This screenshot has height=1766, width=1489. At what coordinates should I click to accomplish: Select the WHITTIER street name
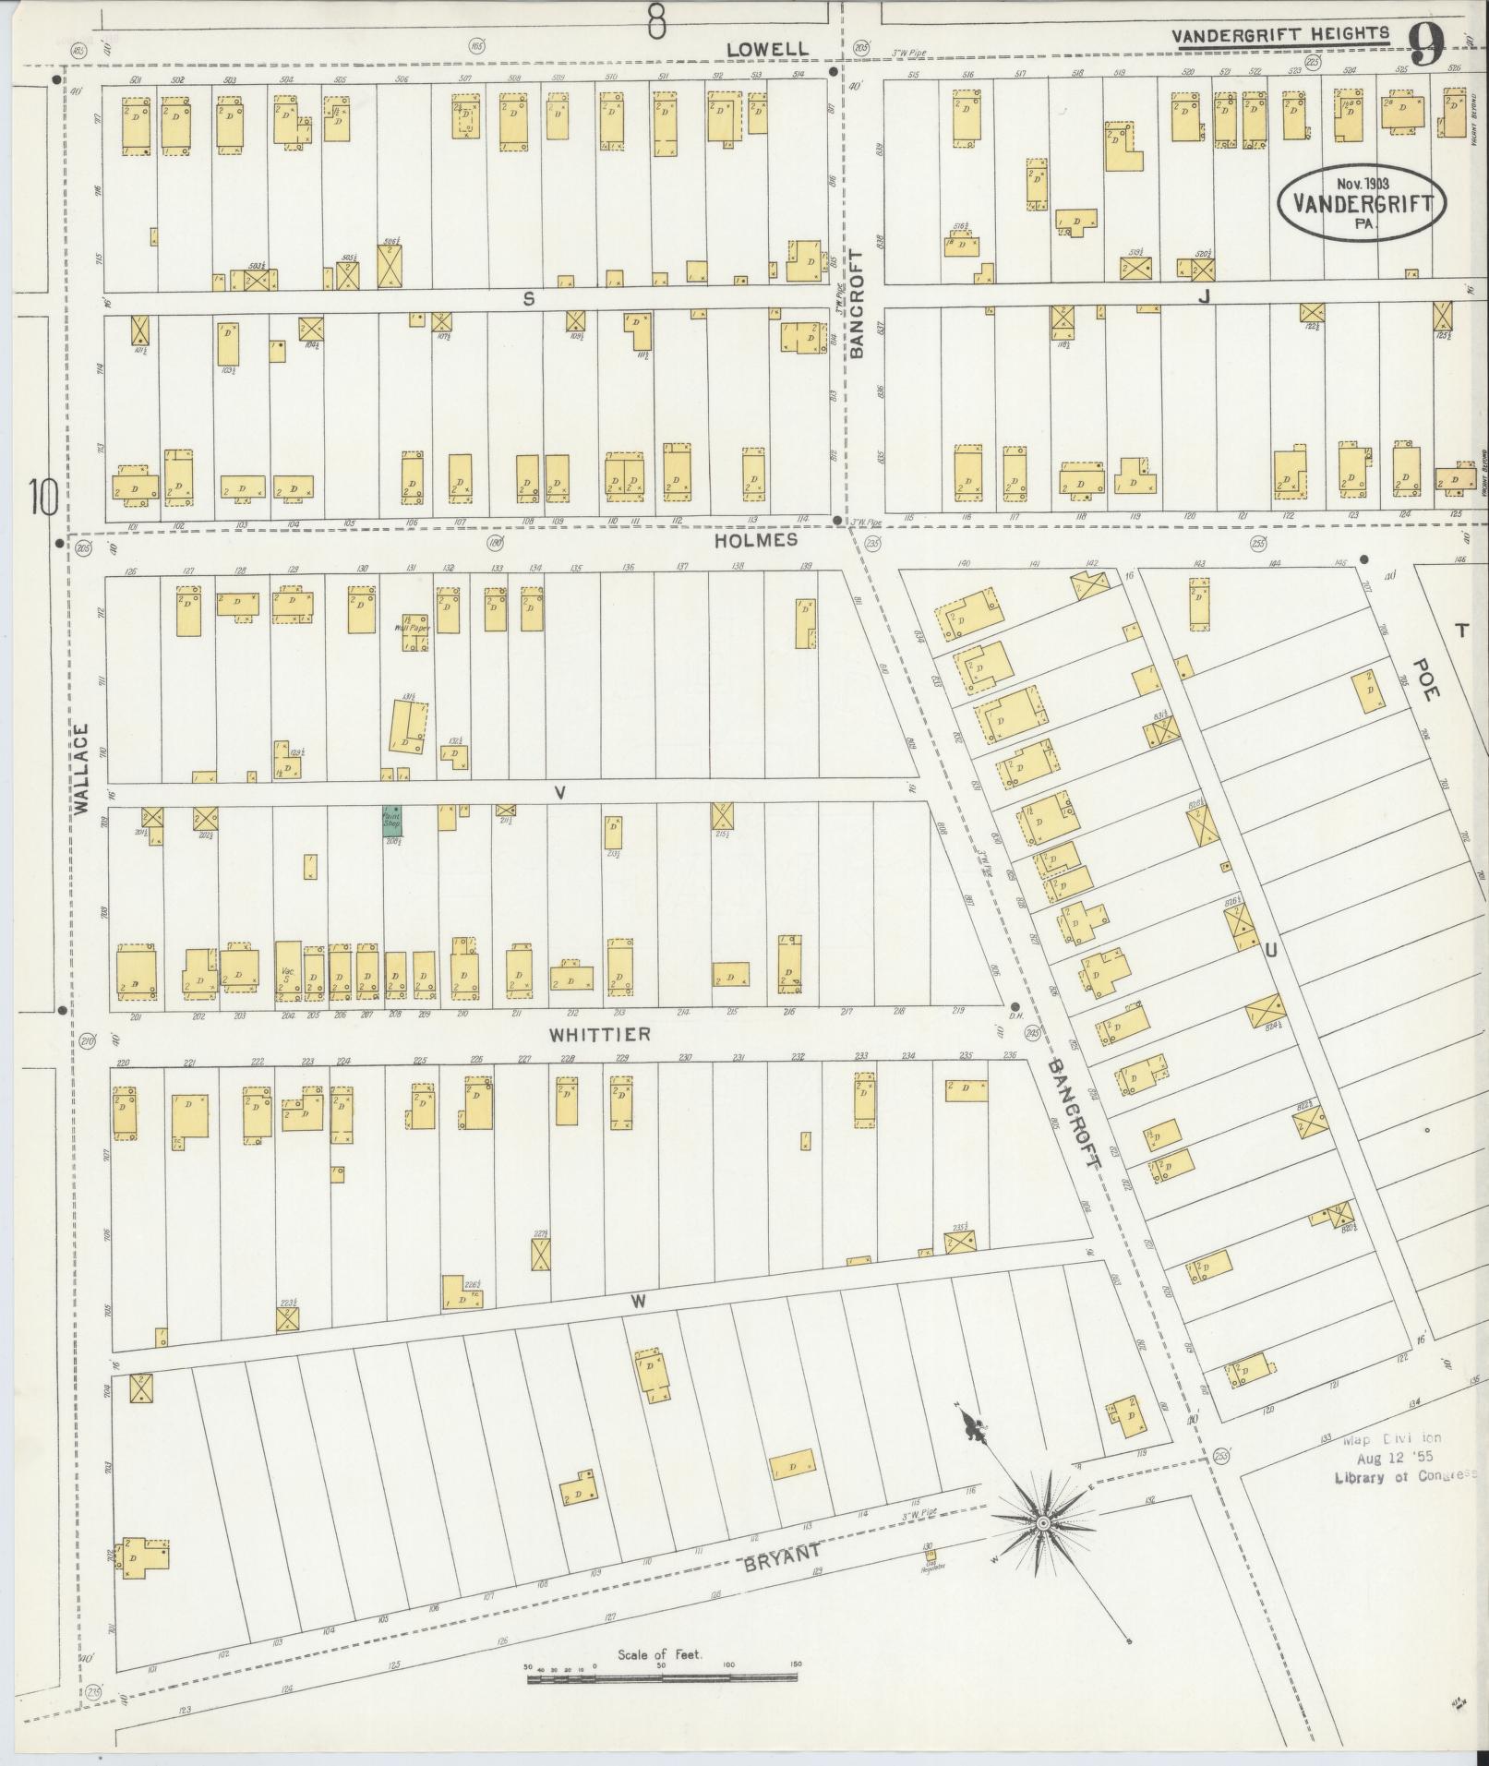click(600, 1034)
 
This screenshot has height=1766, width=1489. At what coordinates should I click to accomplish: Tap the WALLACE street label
click(81, 768)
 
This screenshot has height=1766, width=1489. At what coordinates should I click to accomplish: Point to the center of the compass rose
click(1043, 1521)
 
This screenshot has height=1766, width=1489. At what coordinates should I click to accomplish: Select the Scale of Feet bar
click(663, 1679)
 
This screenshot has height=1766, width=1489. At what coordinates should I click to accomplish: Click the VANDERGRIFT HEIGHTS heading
click(1279, 35)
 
